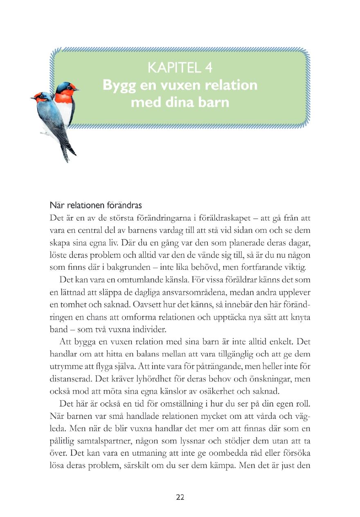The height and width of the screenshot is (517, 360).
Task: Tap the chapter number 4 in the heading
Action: [208, 68]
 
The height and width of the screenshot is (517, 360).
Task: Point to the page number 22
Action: [180, 497]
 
